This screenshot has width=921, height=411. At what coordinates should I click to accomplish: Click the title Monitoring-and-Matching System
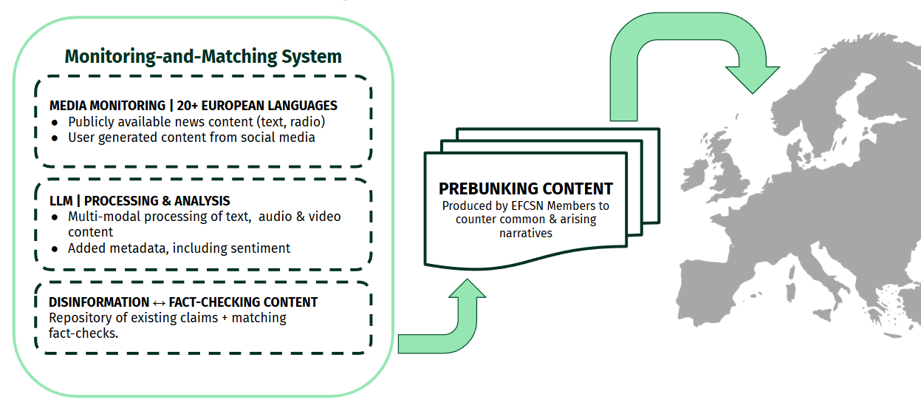point(203,56)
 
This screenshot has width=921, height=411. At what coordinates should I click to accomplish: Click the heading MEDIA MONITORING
point(107,106)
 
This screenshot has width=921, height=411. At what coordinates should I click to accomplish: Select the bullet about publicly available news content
point(196,122)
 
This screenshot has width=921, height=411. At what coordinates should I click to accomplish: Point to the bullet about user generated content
point(191,137)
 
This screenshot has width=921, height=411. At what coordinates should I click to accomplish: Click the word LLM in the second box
point(61,201)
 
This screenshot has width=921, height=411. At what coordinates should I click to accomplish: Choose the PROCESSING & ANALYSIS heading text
point(157,201)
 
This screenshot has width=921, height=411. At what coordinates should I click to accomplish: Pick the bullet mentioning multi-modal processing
point(204,217)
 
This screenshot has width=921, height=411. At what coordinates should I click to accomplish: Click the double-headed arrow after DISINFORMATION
point(159,302)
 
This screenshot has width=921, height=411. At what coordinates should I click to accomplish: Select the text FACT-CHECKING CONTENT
point(243,302)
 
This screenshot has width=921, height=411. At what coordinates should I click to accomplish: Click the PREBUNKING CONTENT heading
point(526,188)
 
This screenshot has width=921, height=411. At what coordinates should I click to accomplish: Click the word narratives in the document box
point(526,233)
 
